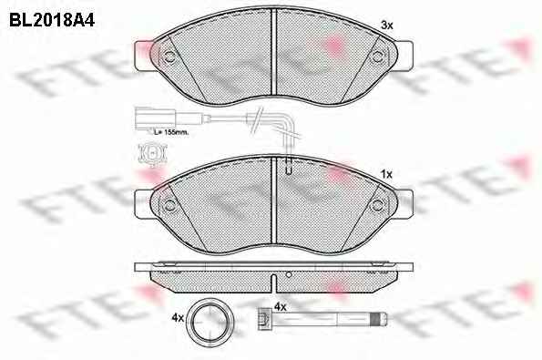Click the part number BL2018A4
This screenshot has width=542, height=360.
pos(52,20)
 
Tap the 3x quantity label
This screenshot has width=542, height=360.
pos(387,26)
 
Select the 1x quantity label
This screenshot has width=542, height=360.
pos(386,174)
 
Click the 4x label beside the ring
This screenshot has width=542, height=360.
pos(178,317)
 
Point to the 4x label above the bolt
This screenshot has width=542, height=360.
pos(281,306)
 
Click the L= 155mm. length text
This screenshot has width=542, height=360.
pos(171,132)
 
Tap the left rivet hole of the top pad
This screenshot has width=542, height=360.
pos(169,57)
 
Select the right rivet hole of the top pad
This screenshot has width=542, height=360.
pos(377,57)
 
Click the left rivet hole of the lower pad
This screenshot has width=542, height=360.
pos(169,205)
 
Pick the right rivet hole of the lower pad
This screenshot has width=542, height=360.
pos(377,205)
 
